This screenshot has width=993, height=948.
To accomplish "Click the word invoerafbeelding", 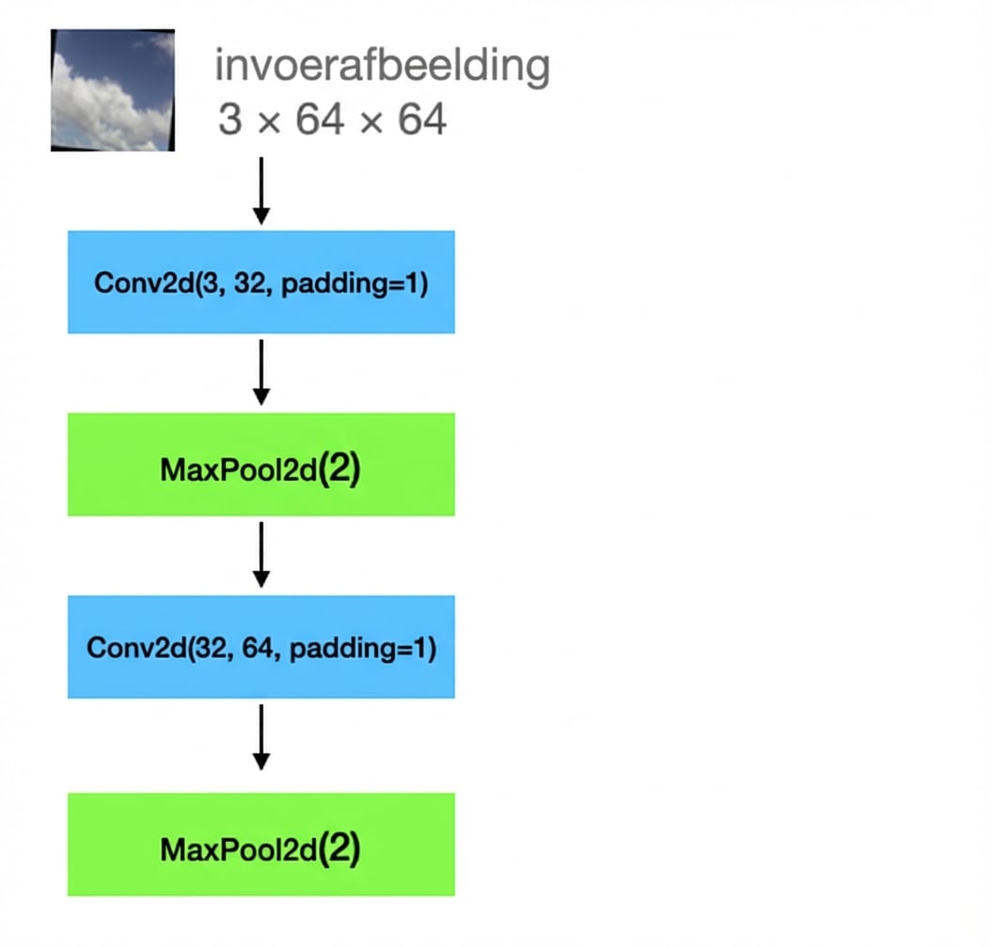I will (382, 67).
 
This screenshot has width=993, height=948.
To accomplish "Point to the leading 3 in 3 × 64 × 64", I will (229, 119).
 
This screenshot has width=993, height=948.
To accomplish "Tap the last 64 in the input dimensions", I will (421, 119).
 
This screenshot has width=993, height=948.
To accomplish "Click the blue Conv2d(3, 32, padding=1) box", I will (260, 282).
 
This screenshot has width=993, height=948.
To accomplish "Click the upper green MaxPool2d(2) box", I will (260, 465).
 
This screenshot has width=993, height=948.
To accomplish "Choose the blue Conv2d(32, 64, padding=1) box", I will (260, 647).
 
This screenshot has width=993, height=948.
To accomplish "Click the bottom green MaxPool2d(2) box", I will (260, 845).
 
